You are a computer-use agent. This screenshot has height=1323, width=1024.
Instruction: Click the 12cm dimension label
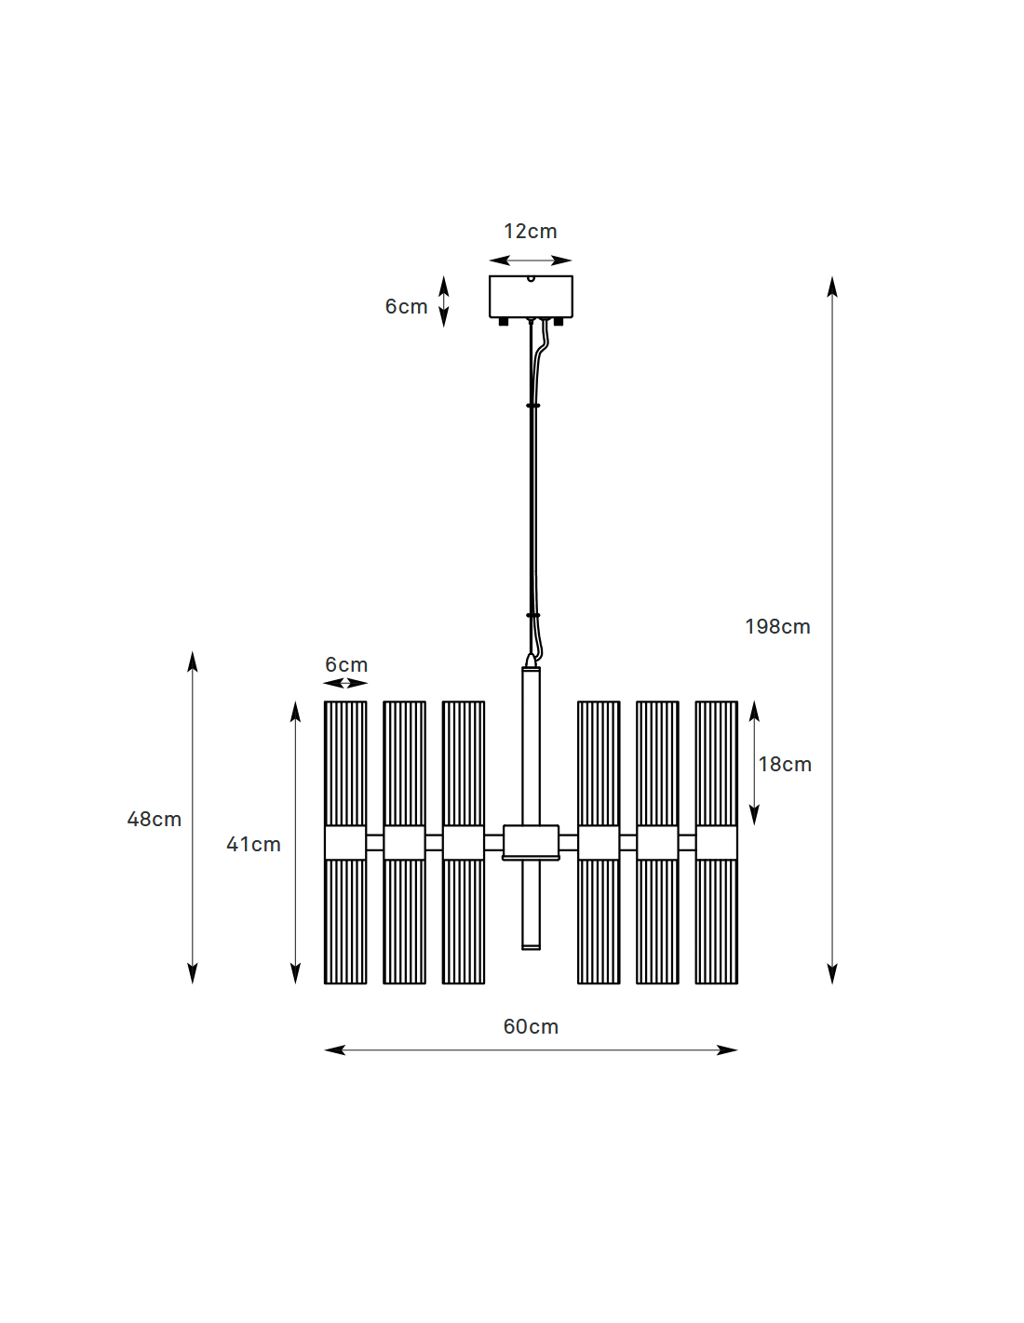(530, 232)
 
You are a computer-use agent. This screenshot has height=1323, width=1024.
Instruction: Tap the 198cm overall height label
(777, 626)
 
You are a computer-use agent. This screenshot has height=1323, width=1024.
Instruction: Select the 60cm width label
(531, 1026)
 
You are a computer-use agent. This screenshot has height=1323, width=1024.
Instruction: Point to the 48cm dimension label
(155, 819)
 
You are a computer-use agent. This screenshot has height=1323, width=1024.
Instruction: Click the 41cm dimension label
(253, 844)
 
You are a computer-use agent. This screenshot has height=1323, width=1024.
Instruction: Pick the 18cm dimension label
(785, 764)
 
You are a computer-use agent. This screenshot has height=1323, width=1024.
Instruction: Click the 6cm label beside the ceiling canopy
(406, 306)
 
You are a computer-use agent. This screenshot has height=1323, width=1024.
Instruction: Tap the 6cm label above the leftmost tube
(346, 664)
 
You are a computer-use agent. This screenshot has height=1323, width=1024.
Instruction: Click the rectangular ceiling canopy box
(531, 297)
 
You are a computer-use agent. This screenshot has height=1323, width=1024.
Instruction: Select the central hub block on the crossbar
(531, 843)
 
